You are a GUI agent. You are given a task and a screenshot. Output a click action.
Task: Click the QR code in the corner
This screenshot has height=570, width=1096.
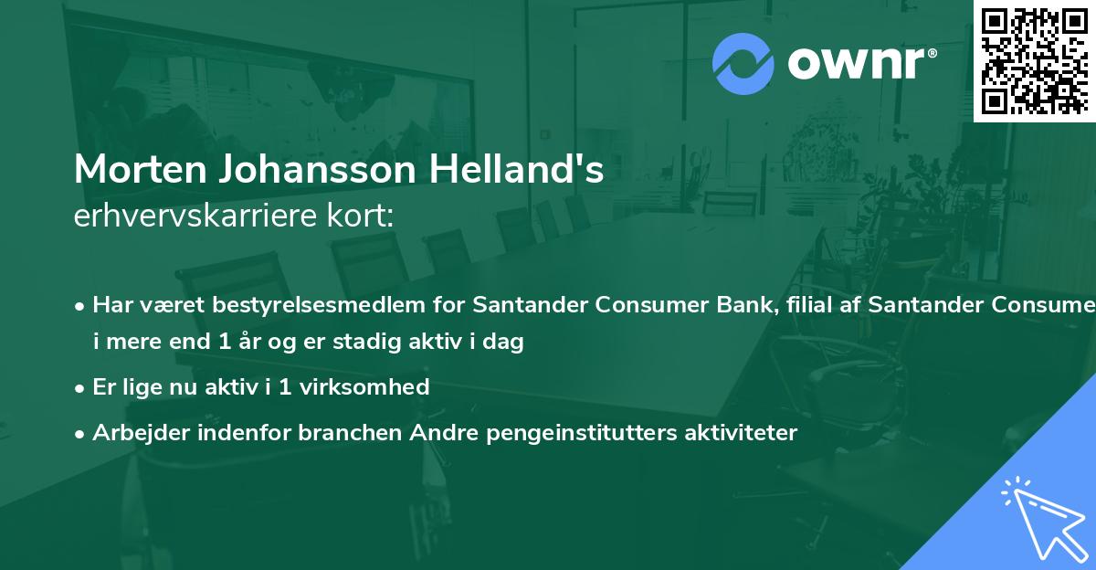click(1035, 60)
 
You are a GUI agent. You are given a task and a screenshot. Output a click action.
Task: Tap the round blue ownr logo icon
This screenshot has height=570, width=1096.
click(743, 64)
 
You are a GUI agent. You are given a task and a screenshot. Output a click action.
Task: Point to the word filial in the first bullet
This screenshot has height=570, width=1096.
click(804, 305)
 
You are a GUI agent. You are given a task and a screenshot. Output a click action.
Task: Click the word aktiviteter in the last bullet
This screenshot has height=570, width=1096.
click(742, 433)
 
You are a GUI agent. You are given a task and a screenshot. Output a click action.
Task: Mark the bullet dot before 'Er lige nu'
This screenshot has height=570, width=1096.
click(81, 387)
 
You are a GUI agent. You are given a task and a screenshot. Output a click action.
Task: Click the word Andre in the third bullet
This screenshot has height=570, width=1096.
click(436, 433)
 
